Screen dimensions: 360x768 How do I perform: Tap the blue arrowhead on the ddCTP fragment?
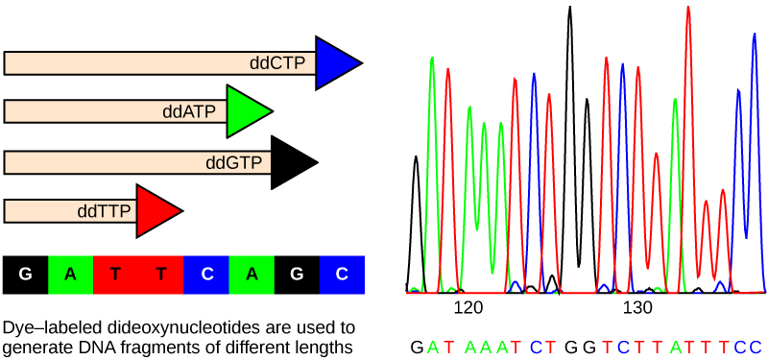click(x=335, y=63)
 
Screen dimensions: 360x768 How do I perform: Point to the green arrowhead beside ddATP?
click(x=246, y=111)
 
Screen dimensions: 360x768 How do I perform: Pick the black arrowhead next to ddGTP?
click(x=291, y=162)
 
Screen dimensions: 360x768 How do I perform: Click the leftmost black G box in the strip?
click(x=26, y=275)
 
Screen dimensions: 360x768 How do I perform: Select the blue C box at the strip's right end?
click(x=342, y=275)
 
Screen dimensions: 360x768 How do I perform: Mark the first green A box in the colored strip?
click(x=71, y=275)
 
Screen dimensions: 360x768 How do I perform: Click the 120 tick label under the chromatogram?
click(x=468, y=308)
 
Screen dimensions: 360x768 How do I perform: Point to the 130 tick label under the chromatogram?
click(x=638, y=308)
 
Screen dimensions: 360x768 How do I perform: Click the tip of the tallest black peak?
click(x=570, y=10)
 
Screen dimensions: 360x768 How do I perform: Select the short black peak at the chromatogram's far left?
click(x=416, y=158)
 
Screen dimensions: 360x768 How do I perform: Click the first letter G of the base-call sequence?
click(x=416, y=346)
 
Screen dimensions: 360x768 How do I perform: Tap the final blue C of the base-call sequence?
click(x=756, y=346)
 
